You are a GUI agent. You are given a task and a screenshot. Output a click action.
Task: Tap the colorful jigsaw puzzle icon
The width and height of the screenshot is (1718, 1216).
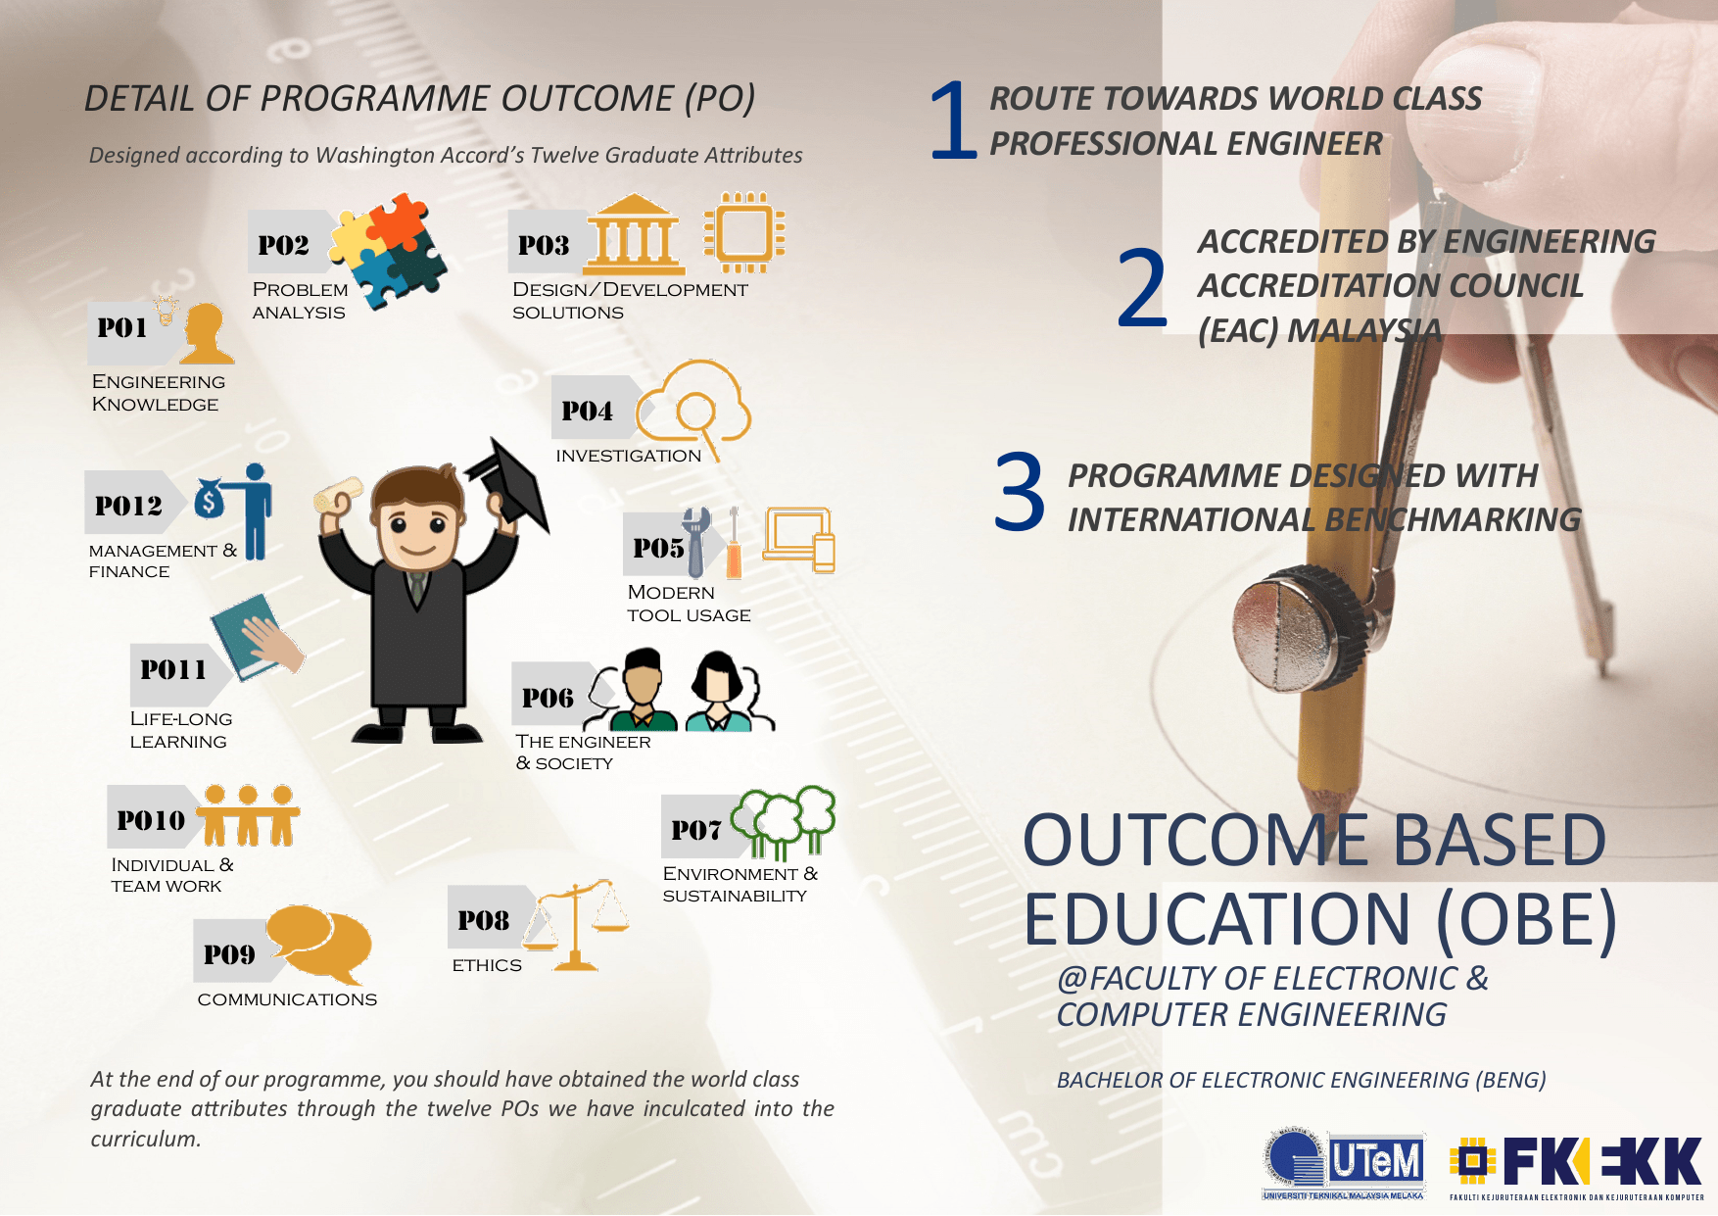tap(388, 249)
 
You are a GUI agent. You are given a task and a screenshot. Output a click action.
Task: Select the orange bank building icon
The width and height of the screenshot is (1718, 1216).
tap(635, 235)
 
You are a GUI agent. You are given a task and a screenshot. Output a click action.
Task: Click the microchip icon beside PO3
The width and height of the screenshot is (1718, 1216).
tap(744, 232)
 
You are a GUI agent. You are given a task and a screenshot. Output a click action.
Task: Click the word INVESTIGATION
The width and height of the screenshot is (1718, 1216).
tap(629, 456)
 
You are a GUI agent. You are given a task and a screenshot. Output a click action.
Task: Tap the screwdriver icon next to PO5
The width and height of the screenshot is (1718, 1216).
tap(733, 543)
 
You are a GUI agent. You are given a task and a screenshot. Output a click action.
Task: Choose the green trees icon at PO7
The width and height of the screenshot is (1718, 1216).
tap(784, 821)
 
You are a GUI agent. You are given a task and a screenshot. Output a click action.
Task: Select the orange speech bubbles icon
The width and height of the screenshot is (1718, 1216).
tap(319, 945)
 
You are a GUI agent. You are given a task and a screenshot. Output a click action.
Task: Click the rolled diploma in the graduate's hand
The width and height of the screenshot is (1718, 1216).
tap(338, 493)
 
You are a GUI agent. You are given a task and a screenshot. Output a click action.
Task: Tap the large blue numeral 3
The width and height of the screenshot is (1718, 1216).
tap(1020, 493)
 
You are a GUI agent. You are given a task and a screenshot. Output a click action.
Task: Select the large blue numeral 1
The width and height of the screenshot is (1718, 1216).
tap(953, 119)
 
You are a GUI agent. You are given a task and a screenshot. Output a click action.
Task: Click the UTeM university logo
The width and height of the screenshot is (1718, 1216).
tap(1343, 1164)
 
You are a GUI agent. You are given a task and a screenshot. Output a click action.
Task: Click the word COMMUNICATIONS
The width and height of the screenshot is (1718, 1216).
tap(287, 999)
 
